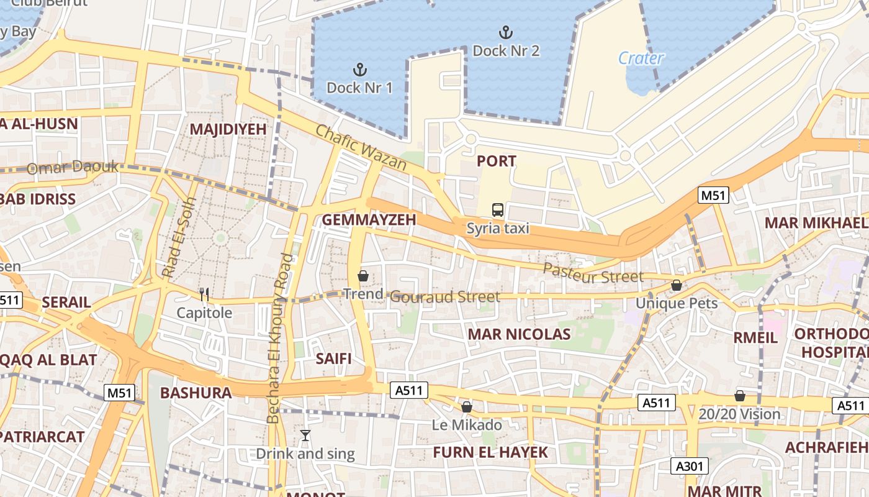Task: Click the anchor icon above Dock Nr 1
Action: click(x=359, y=70)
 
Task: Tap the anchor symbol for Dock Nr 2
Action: click(x=506, y=32)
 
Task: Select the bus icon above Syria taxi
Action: click(x=498, y=210)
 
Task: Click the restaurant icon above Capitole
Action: click(x=204, y=294)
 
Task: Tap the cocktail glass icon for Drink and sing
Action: click(x=305, y=435)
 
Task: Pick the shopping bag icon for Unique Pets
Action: click(x=677, y=285)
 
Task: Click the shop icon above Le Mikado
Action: click(x=467, y=407)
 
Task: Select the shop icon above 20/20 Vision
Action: click(x=739, y=396)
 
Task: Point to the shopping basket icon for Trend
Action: click(x=363, y=276)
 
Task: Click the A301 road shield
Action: click(x=690, y=465)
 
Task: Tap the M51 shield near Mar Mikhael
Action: click(x=713, y=195)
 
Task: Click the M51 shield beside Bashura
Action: click(x=120, y=392)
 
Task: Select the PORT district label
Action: click(x=496, y=161)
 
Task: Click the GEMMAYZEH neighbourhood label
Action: click(x=369, y=220)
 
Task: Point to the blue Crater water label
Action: click(x=641, y=58)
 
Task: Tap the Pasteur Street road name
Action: click(x=593, y=274)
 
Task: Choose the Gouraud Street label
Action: click(x=444, y=297)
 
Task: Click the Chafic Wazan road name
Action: click(x=361, y=148)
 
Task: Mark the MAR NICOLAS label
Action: click(x=519, y=334)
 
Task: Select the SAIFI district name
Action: click(x=333, y=358)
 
